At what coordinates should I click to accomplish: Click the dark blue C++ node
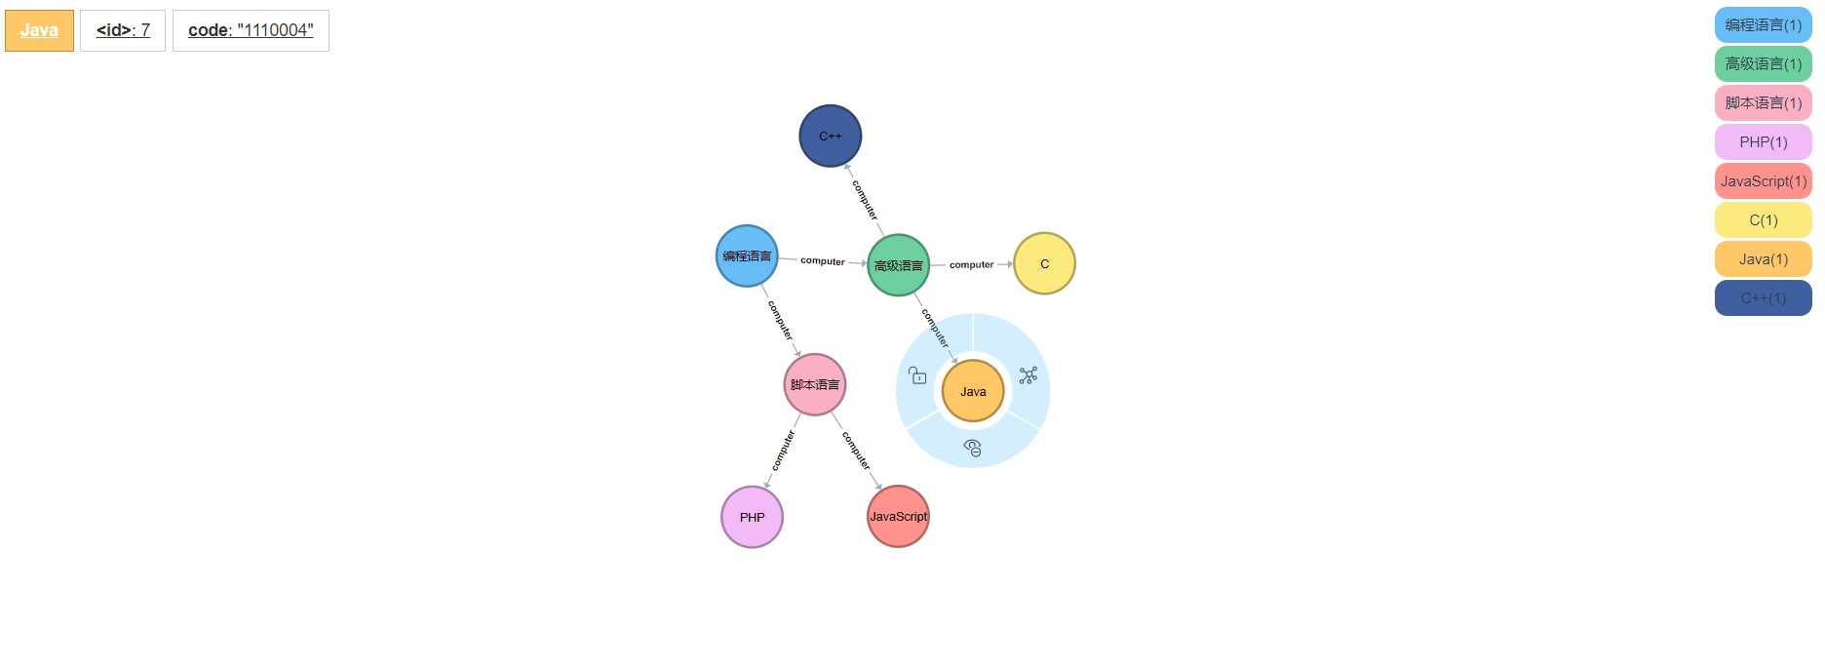point(830,136)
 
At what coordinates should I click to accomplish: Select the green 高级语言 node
point(898,265)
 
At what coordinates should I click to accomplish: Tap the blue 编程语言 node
point(747,256)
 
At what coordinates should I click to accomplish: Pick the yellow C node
point(1044,263)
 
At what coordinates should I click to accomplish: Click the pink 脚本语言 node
point(814,384)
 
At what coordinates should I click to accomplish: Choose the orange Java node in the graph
point(973,391)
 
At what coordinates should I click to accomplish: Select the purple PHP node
point(752,517)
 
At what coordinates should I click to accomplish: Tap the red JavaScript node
point(898,516)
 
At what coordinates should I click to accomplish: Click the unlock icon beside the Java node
point(917,375)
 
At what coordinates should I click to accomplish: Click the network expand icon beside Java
point(1028,375)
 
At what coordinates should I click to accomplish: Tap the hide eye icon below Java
point(972,448)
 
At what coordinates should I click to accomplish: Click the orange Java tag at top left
point(39,30)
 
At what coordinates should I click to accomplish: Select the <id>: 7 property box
point(123,30)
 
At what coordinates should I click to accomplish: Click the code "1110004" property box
point(251,30)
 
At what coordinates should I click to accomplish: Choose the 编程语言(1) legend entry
point(1763,25)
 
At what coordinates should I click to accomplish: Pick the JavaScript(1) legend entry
point(1763,181)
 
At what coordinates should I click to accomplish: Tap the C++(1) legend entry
point(1763,298)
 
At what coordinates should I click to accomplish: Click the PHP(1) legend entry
point(1763,142)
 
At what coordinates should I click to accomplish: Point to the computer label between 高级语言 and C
point(971,264)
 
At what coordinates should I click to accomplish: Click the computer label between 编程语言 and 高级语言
point(822,261)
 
